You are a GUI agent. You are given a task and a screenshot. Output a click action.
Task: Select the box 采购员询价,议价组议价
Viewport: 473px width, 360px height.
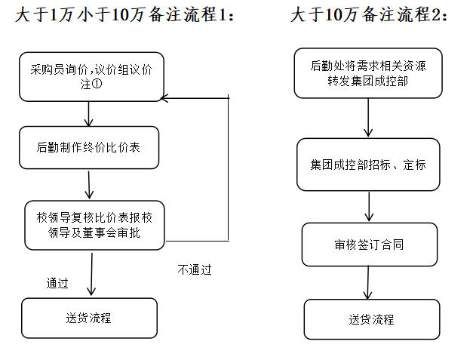pos(91,76)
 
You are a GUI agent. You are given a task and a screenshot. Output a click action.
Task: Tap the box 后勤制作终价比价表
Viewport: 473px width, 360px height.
pos(89,147)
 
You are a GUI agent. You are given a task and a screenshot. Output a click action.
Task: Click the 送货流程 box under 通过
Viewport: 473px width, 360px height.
pos(89,318)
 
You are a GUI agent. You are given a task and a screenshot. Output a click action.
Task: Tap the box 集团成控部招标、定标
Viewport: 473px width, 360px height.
pos(368,165)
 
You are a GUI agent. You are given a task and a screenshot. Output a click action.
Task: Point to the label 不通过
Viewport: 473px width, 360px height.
pos(195,269)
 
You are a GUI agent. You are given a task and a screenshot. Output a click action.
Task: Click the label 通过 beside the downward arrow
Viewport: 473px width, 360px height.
pos(57,284)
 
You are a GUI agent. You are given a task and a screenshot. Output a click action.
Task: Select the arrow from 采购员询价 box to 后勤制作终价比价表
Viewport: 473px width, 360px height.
pos(89,113)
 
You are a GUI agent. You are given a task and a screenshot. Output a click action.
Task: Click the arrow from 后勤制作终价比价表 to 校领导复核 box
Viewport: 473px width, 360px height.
pos(89,184)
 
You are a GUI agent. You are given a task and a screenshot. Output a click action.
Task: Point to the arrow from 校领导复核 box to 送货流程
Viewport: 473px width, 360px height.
pos(91,274)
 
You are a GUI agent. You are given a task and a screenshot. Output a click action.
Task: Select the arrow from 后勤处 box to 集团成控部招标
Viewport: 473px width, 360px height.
pos(368,118)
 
